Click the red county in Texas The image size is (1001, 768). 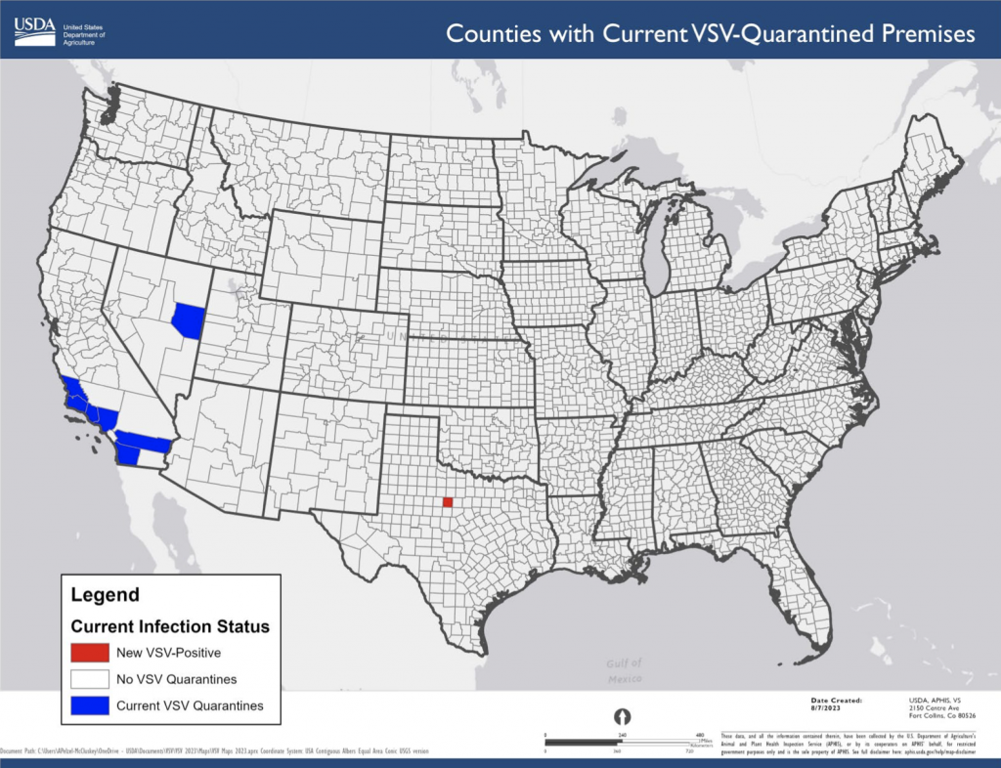pyautogui.click(x=447, y=502)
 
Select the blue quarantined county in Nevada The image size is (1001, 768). pyautogui.click(x=187, y=320)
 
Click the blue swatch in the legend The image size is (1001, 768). pyautogui.click(x=89, y=704)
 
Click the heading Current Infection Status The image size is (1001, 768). pyautogui.click(x=169, y=626)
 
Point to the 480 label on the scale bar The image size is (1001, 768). pyautogui.click(x=699, y=734)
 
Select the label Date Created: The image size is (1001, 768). pyautogui.click(x=836, y=700)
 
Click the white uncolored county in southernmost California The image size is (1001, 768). pyautogui.click(x=152, y=456)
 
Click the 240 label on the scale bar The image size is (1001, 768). pyautogui.click(x=621, y=734)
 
